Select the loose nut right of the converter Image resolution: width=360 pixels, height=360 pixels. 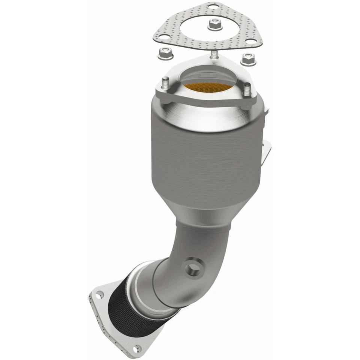pyautogui.click(x=248, y=58)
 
